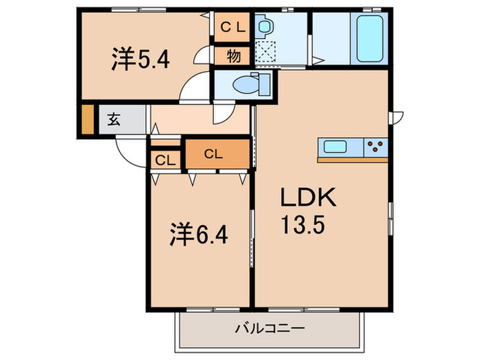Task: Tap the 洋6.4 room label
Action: [x=199, y=237]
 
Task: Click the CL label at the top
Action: [x=232, y=27]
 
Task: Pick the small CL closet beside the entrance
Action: [x=163, y=161]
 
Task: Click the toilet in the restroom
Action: [x=245, y=86]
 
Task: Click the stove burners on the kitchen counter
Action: [x=376, y=146]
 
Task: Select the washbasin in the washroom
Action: [x=264, y=27]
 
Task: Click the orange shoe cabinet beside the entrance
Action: [x=87, y=120]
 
